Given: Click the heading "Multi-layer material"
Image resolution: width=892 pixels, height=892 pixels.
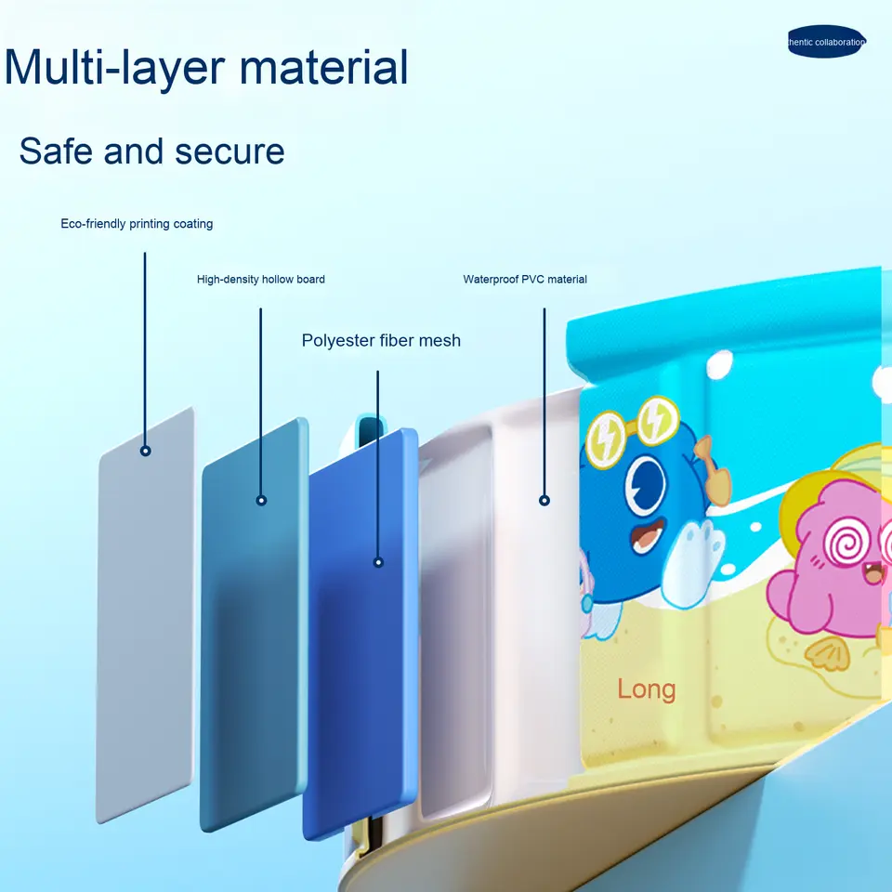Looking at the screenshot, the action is pos(206,68).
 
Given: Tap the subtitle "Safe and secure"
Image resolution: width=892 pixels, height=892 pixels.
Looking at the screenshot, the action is pos(151,151).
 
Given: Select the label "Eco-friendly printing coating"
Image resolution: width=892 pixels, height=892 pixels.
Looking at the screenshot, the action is pos(137,224).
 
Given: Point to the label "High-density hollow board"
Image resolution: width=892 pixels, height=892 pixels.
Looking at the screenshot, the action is pos(261,279).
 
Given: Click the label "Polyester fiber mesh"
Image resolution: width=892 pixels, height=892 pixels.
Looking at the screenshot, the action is pos(381,340).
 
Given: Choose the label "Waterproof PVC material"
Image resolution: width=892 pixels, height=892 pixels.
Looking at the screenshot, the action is pos(525,279).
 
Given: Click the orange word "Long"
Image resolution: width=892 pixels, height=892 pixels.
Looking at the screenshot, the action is pos(647,689).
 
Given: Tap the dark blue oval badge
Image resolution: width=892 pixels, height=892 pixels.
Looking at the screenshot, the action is pos(826,42).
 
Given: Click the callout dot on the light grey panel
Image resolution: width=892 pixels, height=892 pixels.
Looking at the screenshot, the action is pos(146,451).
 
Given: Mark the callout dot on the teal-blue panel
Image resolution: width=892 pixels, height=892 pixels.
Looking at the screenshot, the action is pos(261,500).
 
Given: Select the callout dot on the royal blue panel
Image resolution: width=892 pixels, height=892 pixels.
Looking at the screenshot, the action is pos(378,562).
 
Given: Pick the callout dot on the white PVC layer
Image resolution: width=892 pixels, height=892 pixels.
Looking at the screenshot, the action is pos(544,500).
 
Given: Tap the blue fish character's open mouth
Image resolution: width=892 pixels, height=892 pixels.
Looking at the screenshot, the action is pos(648,537).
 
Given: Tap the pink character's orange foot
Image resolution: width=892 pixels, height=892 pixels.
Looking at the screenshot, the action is pos(823,655).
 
